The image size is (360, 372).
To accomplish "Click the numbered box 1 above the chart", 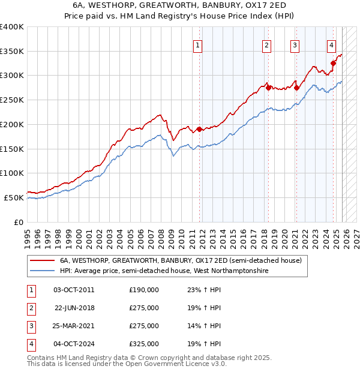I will (197, 44).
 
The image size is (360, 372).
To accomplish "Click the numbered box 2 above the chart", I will (266, 44).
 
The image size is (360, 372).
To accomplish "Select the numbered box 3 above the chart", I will (295, 44).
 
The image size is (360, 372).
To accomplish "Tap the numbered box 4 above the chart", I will (331, 44).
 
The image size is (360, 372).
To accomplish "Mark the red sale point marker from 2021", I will (296, 88).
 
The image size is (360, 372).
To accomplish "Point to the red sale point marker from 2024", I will (333, 63).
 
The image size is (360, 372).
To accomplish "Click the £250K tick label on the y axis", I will (12, 100).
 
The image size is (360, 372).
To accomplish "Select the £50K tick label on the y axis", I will (14, 197).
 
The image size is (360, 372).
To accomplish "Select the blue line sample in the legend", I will (42, 271).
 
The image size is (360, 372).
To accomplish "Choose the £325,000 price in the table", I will (144, 344).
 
